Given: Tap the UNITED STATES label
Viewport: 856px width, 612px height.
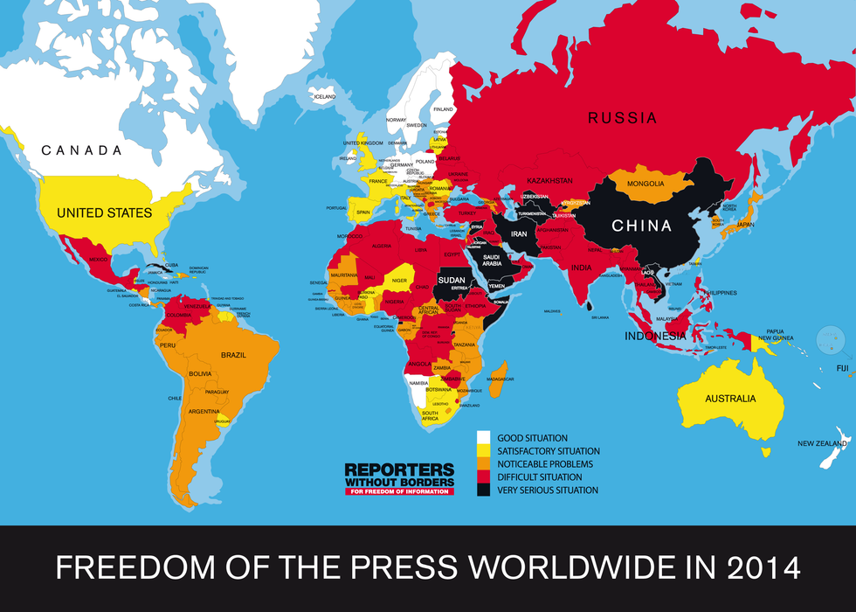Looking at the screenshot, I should (104, 212).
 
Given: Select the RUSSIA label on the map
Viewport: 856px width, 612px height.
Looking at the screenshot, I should (621, 118).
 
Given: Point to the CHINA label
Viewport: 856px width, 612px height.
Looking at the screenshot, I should (641, 226).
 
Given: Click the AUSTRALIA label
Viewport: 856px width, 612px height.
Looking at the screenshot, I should (730, 399).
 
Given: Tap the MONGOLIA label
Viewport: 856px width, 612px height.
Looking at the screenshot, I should (645, 184).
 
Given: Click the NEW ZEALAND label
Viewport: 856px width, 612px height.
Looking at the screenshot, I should (822, 443).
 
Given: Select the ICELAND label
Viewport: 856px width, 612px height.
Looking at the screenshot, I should (324, 96).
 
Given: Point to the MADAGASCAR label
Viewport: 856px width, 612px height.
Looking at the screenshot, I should (501, 379).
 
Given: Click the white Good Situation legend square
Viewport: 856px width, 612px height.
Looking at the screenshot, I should (482, 437).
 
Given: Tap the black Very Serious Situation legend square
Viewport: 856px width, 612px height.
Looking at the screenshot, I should (482, 490).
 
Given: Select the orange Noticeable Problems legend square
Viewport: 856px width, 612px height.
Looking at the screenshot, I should (482, 463).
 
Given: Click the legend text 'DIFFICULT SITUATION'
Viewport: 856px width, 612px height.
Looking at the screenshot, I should (539, 477).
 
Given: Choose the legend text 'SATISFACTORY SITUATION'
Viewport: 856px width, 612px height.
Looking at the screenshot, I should (548, 451).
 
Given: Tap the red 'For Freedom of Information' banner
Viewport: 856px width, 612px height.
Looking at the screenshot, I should (399, 491).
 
